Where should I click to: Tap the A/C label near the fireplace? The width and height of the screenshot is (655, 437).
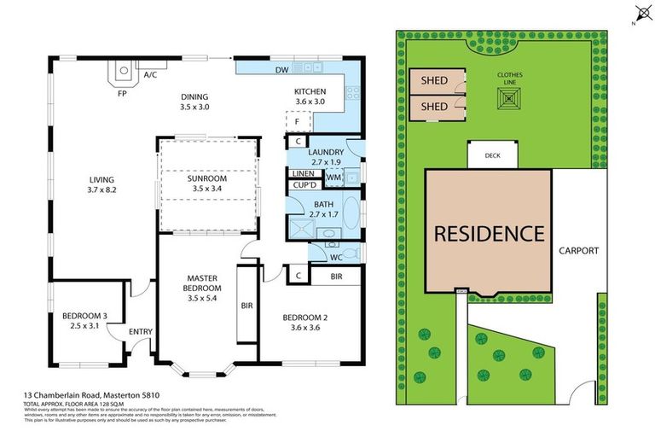(x=150, y=75)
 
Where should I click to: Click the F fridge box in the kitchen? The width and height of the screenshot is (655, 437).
(x=297, y=121)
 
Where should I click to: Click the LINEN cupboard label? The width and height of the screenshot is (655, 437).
(x=303, y=173)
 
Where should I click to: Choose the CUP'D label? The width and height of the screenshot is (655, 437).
(x=304, y=185)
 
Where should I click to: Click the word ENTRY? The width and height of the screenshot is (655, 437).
(x=140, y=332)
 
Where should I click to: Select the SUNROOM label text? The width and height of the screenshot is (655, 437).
(x=207, y=179)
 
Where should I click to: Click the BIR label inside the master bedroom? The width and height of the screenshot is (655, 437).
(x=246, y=305)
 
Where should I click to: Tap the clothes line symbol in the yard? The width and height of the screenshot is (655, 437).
(x=511, y=100)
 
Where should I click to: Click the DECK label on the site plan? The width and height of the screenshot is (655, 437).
(x=492, y=156)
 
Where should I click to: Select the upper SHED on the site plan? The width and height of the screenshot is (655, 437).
(x=434, y=81)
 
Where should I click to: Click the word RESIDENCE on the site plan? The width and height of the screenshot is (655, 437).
(x=489, y=232)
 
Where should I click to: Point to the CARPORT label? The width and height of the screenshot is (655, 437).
(x=578, y=251)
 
